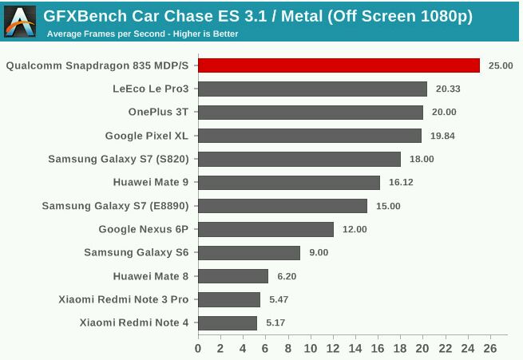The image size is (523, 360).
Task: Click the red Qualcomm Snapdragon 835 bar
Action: coord(339,65)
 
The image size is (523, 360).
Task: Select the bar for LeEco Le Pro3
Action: coord(312,89)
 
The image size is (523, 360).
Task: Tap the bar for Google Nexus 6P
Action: coord(266,229)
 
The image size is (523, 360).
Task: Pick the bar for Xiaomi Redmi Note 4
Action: coord(228,322)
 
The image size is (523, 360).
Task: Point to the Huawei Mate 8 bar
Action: coord(233,276)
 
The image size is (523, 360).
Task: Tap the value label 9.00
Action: coord(319,253)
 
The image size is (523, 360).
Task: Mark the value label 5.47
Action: coord(279,299)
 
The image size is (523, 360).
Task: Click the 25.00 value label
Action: coord(501,65)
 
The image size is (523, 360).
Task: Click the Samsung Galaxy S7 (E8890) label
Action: coord(115,206)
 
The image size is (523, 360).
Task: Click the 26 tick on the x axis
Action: coord(490,349)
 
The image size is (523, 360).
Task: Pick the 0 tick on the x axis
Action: coord(198,349)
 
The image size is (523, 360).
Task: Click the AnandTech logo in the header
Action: coord(19,21)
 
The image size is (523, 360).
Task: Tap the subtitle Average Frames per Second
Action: coord(142,34)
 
